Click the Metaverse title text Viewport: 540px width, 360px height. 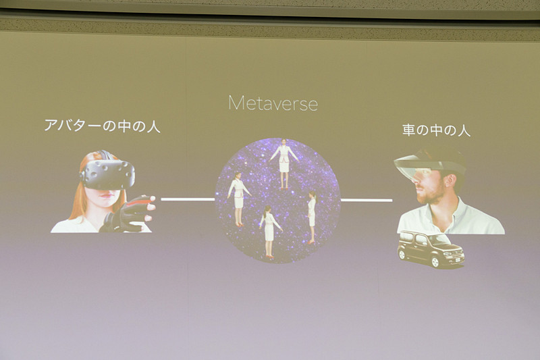273,103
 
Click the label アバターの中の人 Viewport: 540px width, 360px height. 102,126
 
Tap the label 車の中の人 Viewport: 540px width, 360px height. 436,130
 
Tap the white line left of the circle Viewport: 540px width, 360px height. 187,199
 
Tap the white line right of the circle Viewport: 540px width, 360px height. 366,200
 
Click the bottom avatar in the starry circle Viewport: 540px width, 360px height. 268,230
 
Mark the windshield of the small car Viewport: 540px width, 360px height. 437,240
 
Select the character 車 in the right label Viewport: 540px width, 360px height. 408,130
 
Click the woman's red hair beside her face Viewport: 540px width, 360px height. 76,196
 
